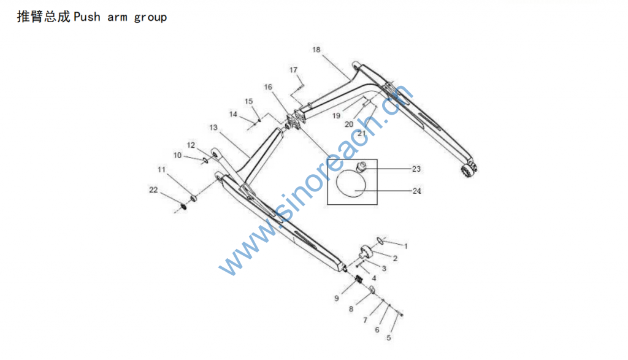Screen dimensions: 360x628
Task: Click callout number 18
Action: (316, 50)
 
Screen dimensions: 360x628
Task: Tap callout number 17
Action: (294, 70)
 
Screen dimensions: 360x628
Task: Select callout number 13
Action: (213, 128)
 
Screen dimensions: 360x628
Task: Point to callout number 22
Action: (153, 190)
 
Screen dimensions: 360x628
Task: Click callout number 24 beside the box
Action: (417, 191)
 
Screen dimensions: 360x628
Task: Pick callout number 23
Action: (417, 168)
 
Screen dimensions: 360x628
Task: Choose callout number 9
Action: (337, 299)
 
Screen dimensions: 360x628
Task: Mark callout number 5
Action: (388, 337)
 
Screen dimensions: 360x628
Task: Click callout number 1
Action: (405, 246)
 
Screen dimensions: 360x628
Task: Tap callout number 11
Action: (161, 169)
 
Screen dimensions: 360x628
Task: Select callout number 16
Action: (268, 88)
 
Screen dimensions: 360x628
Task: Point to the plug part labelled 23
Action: (362, 166)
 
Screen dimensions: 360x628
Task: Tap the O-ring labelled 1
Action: (381, 240)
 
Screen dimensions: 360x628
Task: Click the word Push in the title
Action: (88, 17)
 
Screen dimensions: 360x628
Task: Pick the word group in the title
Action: (150, 17)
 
